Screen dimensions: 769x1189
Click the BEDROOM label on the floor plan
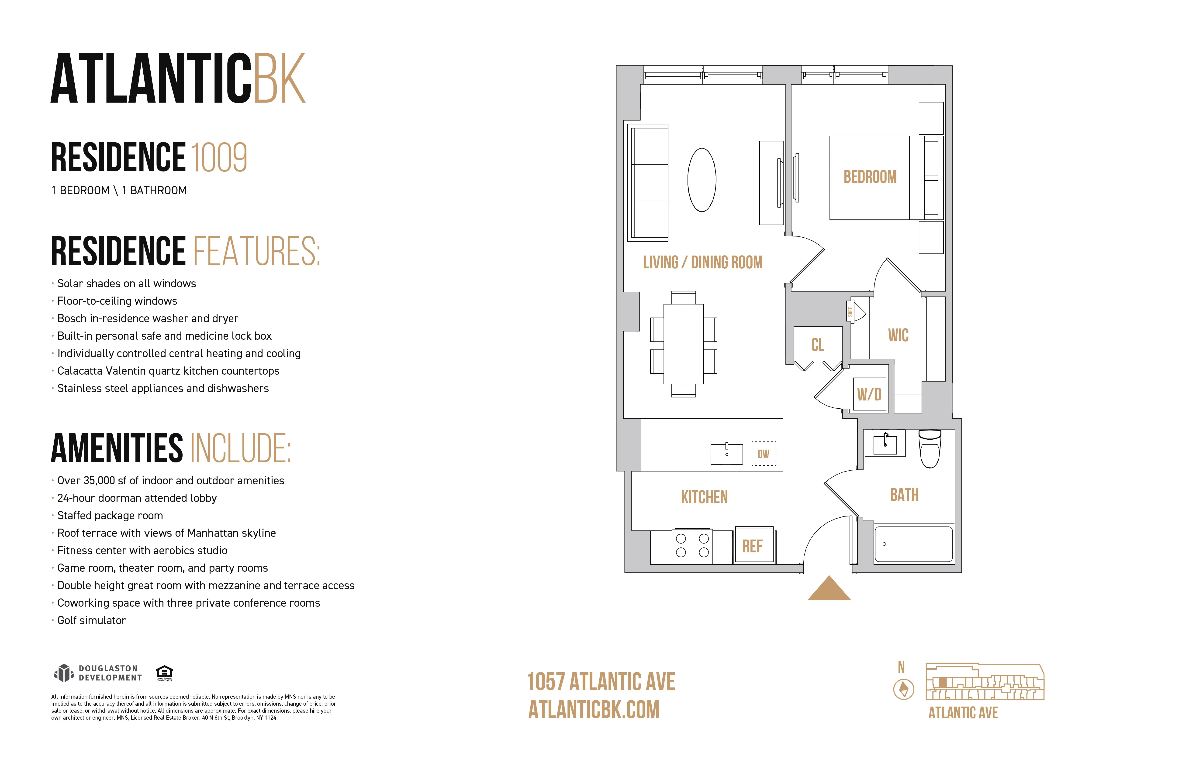click(870, 177)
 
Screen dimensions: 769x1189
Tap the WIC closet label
click(898, 335)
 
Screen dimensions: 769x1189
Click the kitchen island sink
click(726, 454)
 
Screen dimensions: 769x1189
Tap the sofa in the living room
click(648, 183)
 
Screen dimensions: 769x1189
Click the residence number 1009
click(219, 157)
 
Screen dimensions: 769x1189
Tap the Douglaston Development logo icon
click(63, 673)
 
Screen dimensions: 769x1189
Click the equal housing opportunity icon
click(164, 673)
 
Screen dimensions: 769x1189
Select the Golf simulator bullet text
click(91, 620)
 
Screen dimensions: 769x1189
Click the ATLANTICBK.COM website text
click(594, 710)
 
